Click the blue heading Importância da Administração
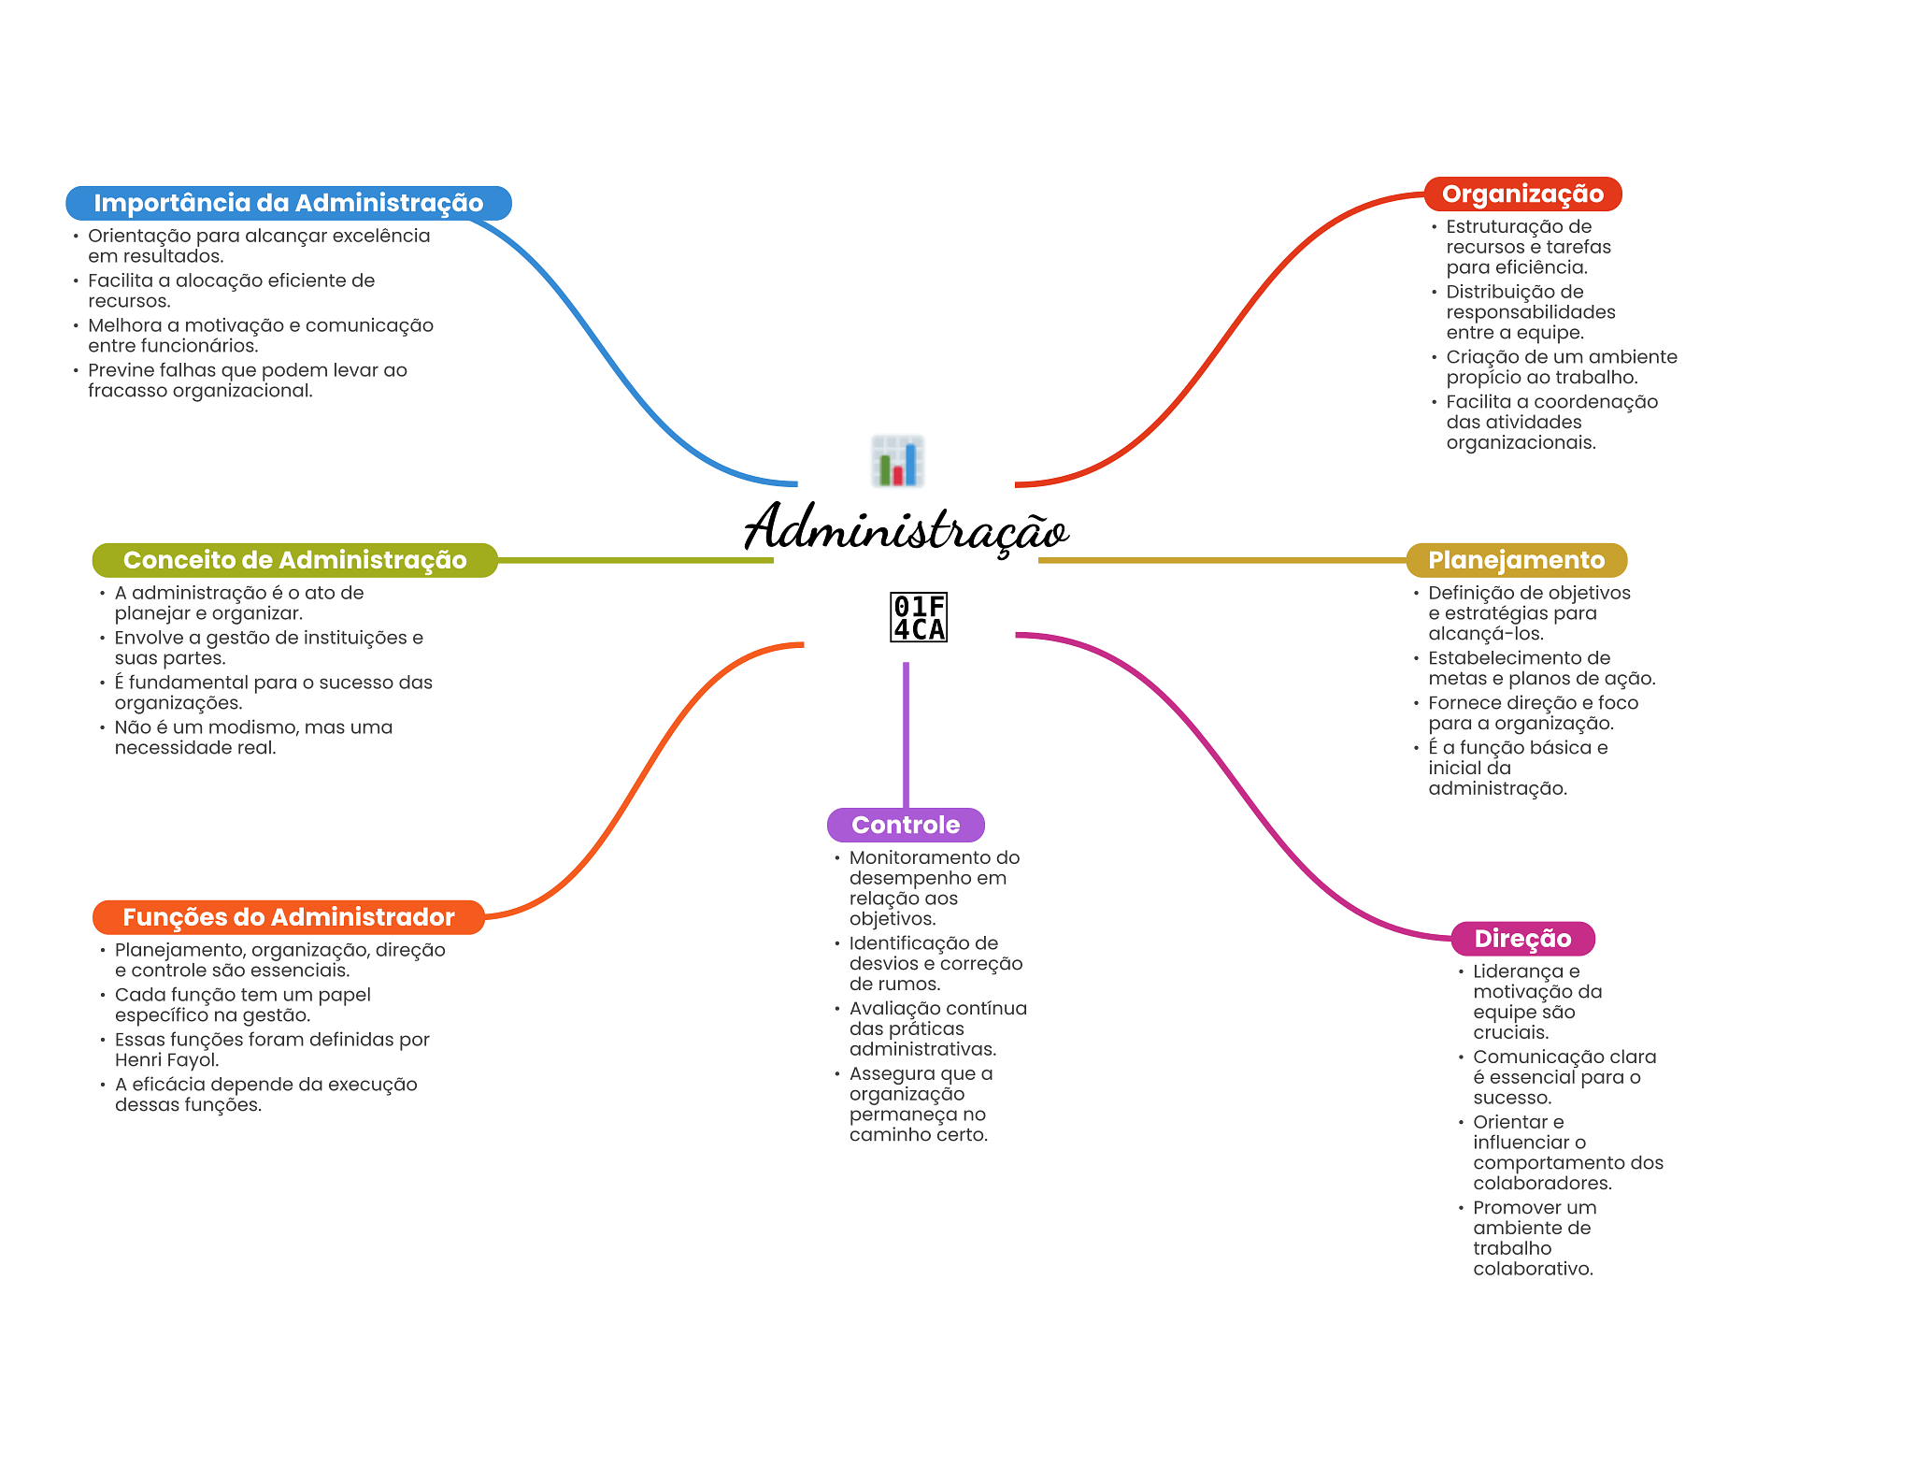point(288,203)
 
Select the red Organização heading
point(1521,194)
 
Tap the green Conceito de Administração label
point(294,560)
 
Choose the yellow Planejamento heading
point(1515,560)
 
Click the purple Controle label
point(905,825)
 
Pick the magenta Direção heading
point(1521,939)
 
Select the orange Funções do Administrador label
point(288,917)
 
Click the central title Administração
point(906,529)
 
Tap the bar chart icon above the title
point(897,461)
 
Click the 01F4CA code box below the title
point(918,617)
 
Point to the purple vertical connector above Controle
point(906,734)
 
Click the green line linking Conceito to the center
point(636,560)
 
